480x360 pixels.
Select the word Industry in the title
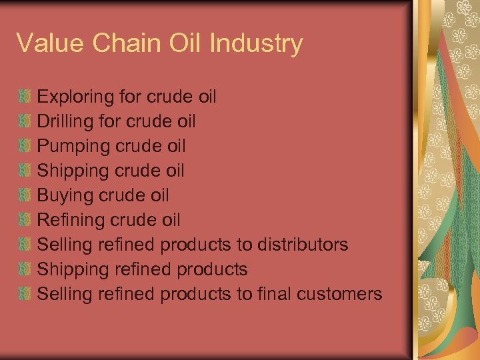(256, 44)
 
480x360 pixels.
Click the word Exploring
(75, 97)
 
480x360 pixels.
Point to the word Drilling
(65, 121)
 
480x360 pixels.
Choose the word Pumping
(73, 146)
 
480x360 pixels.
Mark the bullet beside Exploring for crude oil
(25, 97)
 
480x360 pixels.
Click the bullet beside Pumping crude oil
(25, 146)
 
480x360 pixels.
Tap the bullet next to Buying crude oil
(25, 195)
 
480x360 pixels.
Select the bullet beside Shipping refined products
(25, 269)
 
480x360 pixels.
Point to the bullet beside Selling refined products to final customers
(25, 293)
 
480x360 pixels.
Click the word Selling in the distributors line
(64, 244)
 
